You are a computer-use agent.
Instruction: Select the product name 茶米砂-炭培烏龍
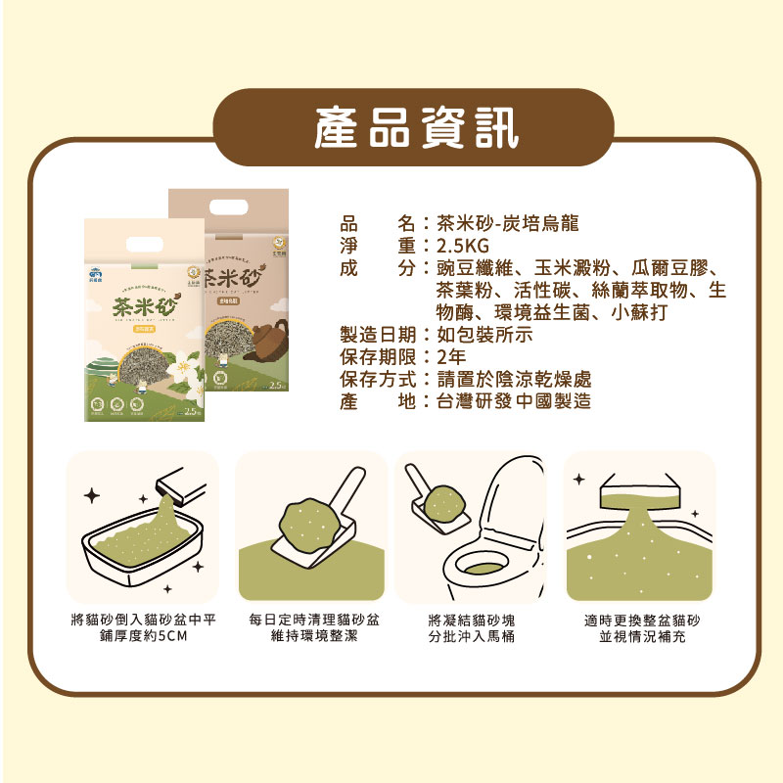[508, 222]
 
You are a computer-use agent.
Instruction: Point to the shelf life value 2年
[452, 356]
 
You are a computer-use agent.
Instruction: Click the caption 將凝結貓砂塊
[472, 620]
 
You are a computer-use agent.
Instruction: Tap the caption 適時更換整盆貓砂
[640, 620]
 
